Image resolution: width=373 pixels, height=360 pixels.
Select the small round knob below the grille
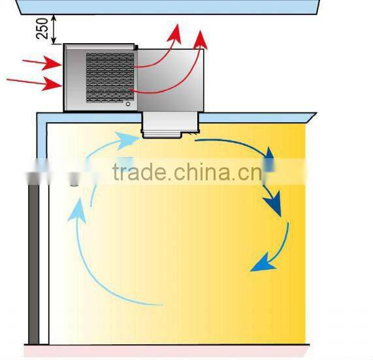(128, 103)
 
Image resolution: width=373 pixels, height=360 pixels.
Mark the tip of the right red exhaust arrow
(202, 39)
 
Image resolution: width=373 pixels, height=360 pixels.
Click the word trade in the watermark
(138, 173)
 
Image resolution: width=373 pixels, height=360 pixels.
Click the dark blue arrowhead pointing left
(260, 264)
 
